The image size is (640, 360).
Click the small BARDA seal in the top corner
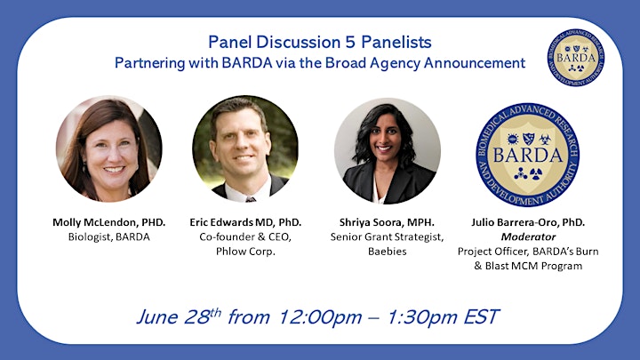[575, 58]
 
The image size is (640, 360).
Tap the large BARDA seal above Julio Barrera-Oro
[528, 155]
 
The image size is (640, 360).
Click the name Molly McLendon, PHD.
[109, 222]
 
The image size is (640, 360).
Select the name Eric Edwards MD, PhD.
[245, 222]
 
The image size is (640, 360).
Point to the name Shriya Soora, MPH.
[387, 222]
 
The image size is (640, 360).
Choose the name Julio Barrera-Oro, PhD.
[528, 222]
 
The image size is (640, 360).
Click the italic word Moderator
[528, 236]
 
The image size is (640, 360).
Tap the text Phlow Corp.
[245, 252]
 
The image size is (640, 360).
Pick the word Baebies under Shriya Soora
[387, 252]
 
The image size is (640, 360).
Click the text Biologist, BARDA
[109, 236]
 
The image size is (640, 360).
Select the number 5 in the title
[350, 42]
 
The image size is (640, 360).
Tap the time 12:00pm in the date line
[320, 317]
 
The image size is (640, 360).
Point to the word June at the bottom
[157, 317]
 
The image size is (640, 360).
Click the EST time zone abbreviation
[481, 317]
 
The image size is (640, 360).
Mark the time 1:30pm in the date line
[421, 317]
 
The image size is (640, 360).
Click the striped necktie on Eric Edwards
[251, 199]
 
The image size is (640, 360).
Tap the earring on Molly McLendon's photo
[84, 167]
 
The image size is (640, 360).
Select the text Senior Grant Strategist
[387, 237]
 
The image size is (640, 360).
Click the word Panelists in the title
[396, 42]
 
